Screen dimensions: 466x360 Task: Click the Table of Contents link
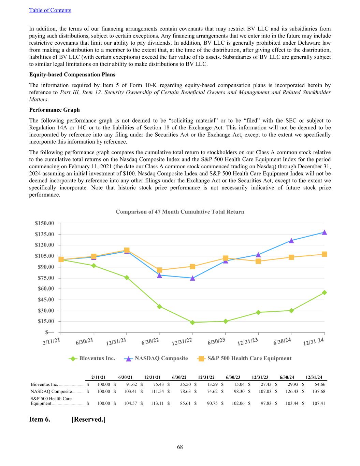coord(50,10)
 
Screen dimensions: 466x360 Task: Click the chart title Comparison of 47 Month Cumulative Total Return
coord(180,212)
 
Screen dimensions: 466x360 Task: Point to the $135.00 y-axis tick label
coord(44,234)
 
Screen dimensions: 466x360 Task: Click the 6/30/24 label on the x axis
coord(282,341)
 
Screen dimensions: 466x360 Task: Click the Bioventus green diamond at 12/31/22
coord(192,322)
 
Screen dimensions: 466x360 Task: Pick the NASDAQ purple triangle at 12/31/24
coord(324,232)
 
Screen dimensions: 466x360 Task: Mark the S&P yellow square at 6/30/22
coord(159,270)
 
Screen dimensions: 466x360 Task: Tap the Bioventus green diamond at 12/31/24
coord(324,293)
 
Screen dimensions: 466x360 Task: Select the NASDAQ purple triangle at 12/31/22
coord(192,278)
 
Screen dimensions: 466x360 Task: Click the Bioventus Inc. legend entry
coord(92,358)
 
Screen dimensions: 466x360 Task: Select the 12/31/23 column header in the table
coord(260,377)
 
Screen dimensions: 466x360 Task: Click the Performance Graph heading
coord(54,110)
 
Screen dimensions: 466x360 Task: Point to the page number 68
coord(180,447)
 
